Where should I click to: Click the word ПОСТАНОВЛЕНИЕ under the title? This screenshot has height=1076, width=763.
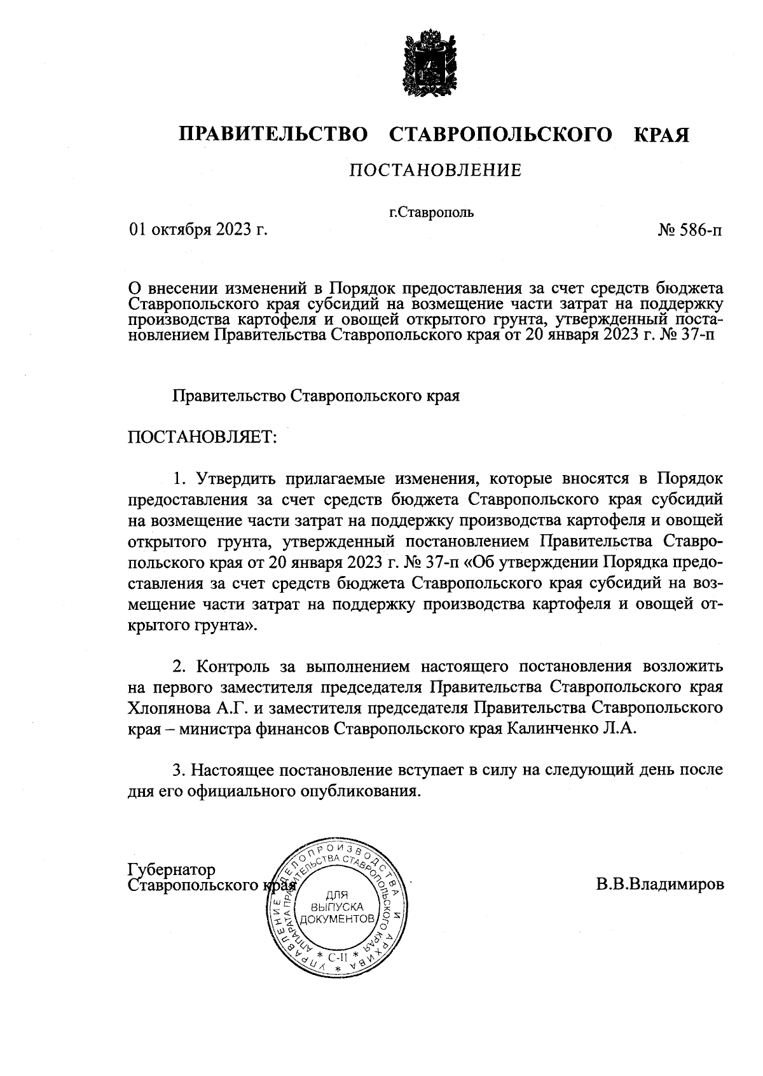point(436,170)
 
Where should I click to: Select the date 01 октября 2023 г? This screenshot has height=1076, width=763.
point(198,230)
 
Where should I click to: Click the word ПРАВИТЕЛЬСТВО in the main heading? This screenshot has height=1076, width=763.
point(273,135)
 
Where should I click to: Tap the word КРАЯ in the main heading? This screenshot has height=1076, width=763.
point(661,135)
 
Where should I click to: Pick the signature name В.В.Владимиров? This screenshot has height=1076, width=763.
point(660,885)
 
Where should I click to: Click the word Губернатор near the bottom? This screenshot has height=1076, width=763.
point(172,869)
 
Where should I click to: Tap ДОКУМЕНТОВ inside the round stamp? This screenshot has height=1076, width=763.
point(338,920)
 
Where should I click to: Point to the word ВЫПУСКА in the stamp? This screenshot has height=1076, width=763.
point(339,907)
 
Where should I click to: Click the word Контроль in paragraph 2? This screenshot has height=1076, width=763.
point(232,667)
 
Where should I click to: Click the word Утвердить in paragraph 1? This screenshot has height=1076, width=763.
point(237,479)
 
